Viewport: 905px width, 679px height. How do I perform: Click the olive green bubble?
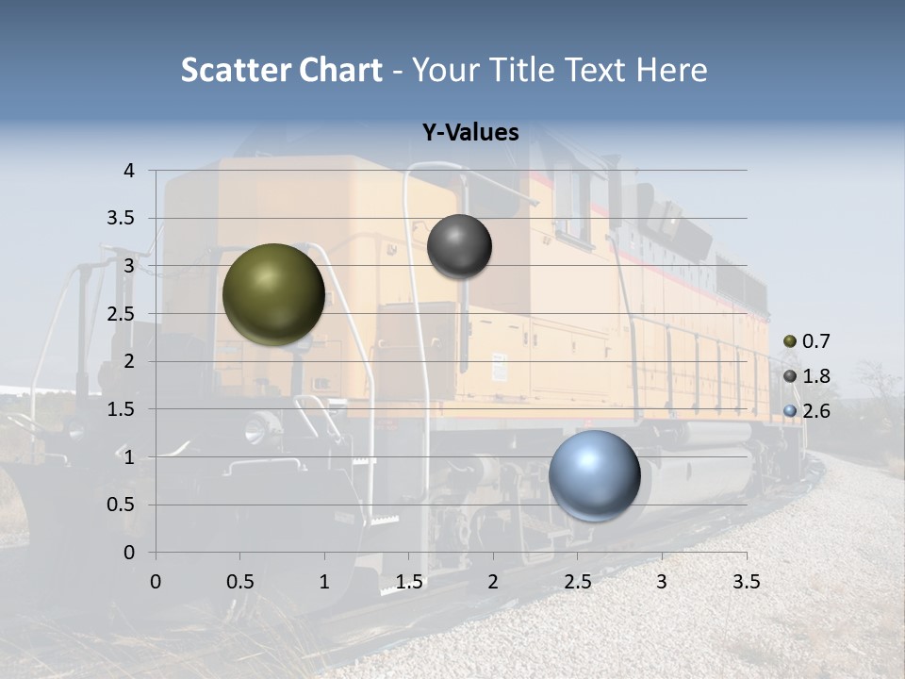[x=273, y=294]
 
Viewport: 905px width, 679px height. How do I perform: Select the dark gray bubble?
[x=459, y=246]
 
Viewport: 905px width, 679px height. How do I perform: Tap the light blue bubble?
[x=594, y=475]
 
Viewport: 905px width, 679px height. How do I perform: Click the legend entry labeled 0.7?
[x=807, y=341]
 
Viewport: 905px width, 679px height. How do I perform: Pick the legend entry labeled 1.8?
[x=807, y=376]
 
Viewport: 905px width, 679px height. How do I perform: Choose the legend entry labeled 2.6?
[x=807, y=410]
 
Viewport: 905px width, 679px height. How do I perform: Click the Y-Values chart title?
[x=469, y=133]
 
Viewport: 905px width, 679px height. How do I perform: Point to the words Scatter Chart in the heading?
[x=281, y=70]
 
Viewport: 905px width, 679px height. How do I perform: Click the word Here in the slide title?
[x=672, y=70]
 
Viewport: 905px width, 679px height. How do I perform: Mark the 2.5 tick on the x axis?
[x=577, y=582]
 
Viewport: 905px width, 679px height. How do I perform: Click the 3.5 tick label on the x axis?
[x=746, y=582]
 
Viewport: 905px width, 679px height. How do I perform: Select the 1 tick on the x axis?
[x=324, y=582]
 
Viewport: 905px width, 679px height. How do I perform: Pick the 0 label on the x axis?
[x=156, y=582]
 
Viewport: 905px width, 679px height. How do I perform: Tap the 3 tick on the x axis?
[x=662, y=582]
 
